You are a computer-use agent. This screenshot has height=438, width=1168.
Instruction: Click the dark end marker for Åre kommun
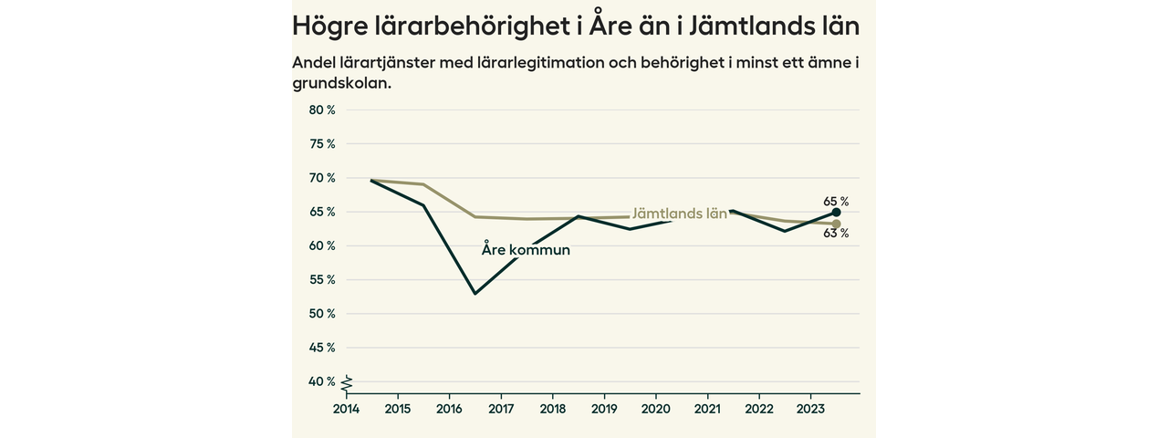pos(836,212)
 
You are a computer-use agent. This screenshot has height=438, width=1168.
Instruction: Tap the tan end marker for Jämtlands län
pos(836,224)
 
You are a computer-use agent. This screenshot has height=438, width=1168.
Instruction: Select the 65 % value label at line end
pos(836,201)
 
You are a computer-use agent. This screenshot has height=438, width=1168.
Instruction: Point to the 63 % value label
pos(836,234)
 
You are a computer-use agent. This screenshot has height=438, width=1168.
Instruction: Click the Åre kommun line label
pos(526,250)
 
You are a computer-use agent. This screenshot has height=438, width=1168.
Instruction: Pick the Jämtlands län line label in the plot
pos(679,214)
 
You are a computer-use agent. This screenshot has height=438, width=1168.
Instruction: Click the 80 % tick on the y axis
pos(322,110)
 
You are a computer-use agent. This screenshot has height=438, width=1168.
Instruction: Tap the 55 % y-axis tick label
pos(322,280)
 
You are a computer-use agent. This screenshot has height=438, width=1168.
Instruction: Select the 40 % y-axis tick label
pos(322,381)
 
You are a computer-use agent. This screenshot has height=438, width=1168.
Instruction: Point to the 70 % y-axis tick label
pos(322,178)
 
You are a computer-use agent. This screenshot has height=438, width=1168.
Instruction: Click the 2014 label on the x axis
pos(345,409)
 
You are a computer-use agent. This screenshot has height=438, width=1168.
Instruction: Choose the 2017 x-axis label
pos(501,409)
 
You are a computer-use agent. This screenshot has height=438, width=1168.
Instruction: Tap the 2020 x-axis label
pos(656,409)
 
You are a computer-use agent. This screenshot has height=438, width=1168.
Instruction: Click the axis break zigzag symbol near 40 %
pos(347,383)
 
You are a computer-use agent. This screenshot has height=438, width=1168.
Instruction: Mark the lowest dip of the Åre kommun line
pos(475,294)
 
